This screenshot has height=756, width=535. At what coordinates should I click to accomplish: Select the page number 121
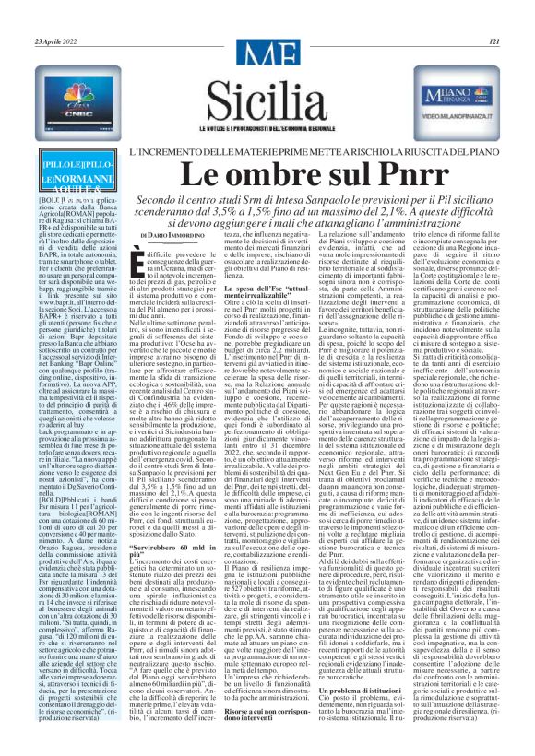(x=494, y=41)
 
